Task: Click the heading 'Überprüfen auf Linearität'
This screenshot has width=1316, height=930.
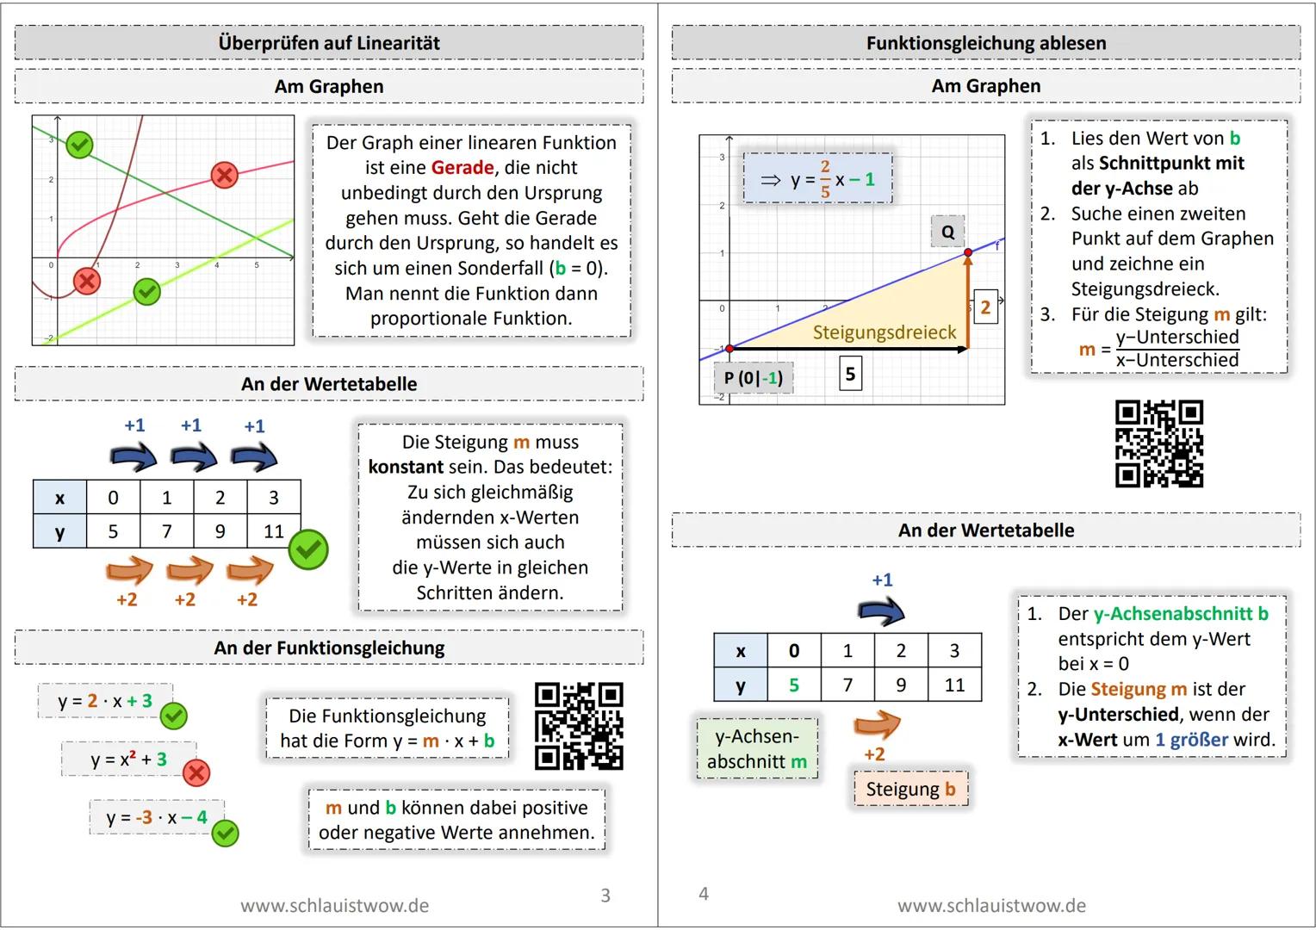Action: coord(329,43)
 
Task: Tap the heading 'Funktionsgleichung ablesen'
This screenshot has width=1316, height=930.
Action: coord(986,43)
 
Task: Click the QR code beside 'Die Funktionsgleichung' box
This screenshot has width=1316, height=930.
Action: coord(579,726)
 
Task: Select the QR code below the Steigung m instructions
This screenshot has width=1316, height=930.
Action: coord(1158,443)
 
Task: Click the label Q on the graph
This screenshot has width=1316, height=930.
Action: coord(947,232)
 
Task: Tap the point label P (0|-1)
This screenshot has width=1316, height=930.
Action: coord(753,377)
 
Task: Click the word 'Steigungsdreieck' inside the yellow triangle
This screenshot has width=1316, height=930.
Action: coord(885,332)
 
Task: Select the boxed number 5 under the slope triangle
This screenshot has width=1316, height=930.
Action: coord(850,374)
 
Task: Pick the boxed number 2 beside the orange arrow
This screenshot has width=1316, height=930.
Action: coord(985,307)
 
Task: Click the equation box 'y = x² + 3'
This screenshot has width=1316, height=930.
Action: coord(128,759)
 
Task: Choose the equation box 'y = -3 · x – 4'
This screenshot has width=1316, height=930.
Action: coord(157,817)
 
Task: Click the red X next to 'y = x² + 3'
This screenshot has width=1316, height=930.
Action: coord(196,772)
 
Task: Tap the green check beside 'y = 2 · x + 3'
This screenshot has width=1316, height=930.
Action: coord(173,715)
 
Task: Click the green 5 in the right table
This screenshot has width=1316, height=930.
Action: coord(793,685)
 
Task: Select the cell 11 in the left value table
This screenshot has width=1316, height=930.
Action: coord(273,531)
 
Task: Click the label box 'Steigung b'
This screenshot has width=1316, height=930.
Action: coord(910,789)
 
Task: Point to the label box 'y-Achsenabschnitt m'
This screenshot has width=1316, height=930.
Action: coord(757,749)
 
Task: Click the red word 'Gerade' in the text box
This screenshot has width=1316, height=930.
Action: coord(462,168)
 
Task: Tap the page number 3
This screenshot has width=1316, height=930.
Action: coord(605,896)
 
